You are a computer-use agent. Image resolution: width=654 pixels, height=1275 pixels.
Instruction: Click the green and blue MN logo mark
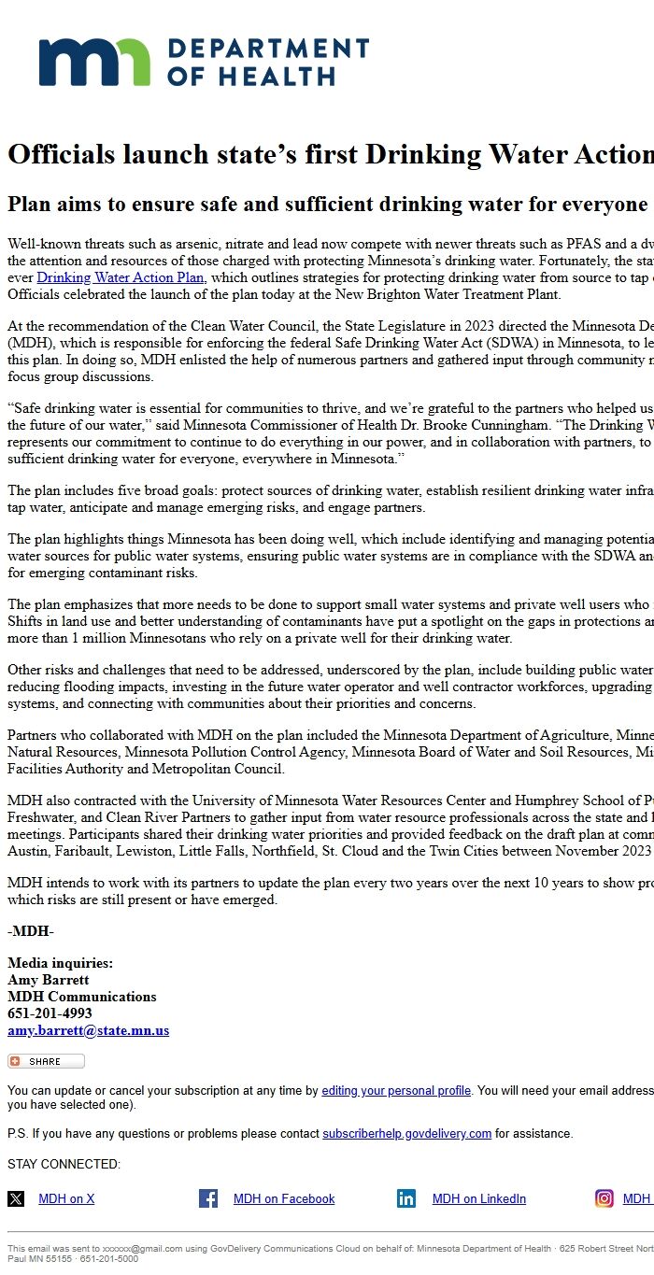click(94, 62)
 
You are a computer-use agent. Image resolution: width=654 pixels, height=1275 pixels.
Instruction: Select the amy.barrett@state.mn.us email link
click(88, 1031)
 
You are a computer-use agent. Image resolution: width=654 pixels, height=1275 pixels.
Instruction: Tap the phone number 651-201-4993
click(50, 1013)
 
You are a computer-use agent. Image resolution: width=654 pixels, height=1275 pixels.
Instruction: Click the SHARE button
click(46, 1061)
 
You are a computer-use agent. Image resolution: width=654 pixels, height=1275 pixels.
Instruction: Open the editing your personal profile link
click(396, 1091)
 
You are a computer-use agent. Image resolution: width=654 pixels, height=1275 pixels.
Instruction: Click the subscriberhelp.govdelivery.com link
click(406, 1134)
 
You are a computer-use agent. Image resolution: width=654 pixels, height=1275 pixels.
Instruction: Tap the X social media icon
click(16, 1198)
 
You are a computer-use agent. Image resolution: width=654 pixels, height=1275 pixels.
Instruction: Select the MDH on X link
click(66, 1199)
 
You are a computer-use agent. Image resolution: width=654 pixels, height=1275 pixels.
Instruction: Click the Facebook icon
click(208, 1198)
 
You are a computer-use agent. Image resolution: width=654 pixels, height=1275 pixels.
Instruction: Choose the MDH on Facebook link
click(284, 1199)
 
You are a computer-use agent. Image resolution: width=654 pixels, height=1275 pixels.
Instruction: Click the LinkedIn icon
click(406, 1198)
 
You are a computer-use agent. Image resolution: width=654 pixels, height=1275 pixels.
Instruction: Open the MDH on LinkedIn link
click(478, 1199)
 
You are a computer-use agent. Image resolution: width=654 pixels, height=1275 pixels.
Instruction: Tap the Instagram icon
click(604, 1198)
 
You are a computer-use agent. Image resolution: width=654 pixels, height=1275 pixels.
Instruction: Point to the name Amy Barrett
click(49, 980)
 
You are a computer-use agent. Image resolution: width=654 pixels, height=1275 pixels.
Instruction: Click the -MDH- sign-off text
click(31, 932)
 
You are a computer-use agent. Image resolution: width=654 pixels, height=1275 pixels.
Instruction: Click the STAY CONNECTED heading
click(64, 1165)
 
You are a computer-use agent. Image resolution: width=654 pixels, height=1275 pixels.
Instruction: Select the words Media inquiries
click(60, 963)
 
